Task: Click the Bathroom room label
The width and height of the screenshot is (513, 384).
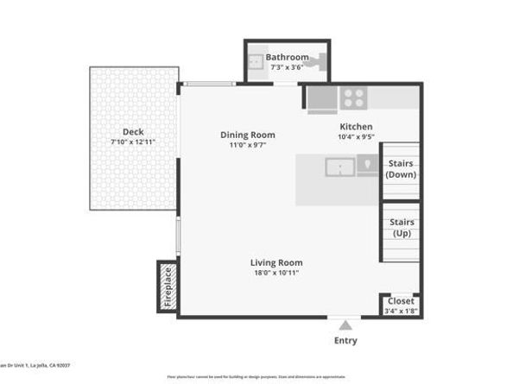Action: click(x=287, y=58)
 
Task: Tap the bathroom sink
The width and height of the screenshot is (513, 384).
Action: click(x=256, y=62)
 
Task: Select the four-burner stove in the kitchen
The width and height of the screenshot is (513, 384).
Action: click(x=352, y=98)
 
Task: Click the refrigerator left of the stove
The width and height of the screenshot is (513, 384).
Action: click(x=322, y=99)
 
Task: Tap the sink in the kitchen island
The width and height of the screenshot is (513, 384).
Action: click(x=340, y=167)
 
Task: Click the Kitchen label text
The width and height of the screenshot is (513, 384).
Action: click(x=355, y=126)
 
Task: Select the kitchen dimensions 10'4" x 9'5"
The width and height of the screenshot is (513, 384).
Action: click(x=355, y=136)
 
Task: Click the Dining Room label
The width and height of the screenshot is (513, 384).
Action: click(x=248, y=135)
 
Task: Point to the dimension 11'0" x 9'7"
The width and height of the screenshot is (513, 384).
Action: click(x=248, y=145)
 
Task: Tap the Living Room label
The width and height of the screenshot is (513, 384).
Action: click(x=276, y=262)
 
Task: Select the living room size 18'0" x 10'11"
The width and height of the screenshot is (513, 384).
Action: click(x=276, y=273)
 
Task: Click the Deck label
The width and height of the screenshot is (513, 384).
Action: click(x=133, y=132)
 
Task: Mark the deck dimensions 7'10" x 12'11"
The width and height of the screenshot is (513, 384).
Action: click(x=133, y=142)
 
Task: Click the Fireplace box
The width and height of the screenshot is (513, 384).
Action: click(x=168, y=286)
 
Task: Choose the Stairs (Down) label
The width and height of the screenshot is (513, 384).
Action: click(x=401, y=168)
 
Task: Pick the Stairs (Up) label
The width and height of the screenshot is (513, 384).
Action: click(x=401, y=228)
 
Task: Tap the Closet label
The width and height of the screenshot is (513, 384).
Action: click(x=401, y=301)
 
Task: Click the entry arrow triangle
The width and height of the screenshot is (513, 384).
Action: click(x=345, y=325)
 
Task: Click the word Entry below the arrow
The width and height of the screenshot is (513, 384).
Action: click(x=345, y=341)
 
